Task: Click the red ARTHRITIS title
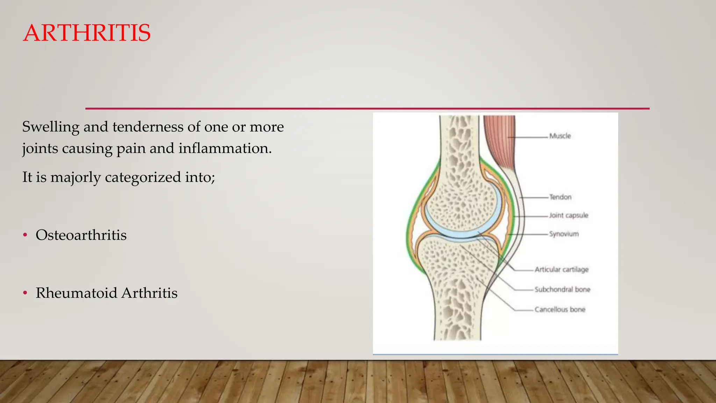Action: click(x=87, y=33)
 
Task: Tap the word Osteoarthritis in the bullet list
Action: click(x=81, y=235)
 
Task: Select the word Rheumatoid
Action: click(x=77, y=293)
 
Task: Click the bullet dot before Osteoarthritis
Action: click(x=25, y=235)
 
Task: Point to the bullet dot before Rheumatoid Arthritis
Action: click(x=25, y=293)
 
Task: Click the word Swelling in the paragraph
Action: click(x=51, y=127)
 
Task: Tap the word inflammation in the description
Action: click(x=225, y=148)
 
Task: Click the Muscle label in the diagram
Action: click(x=560, y=136)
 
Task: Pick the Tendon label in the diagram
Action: click(x=560, y=197)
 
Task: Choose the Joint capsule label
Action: click(x=568, y=215)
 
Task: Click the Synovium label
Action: click(x=564, y=234)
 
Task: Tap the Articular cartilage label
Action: click(x=561, y=269)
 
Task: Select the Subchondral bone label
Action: click(x=562, y=289)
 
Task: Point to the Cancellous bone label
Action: click(x=560, y=309)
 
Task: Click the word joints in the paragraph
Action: click(x=40, y=148)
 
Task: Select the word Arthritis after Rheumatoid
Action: click(x=149, y=293)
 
